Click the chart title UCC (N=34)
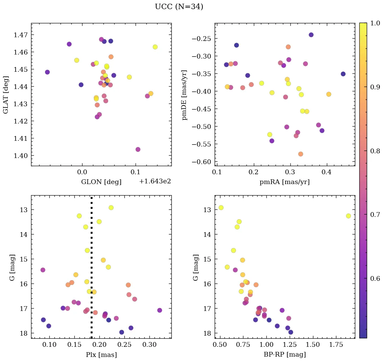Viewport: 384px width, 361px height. (x=179, y=7)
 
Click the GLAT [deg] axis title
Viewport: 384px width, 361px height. (x=6, y=94)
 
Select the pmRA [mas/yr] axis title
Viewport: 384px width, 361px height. (x=284, y=182)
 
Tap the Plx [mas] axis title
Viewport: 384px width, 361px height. (x=101, y=355)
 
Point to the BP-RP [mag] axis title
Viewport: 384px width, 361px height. (x=285, y=355)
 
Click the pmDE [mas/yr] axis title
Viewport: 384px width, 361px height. (x=185, y=94)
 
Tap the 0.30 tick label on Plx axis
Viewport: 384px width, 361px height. (x=149, y=346)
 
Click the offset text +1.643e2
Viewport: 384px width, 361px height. (x=155, y=181)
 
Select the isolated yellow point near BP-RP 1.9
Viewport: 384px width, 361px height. (x=349, y=216)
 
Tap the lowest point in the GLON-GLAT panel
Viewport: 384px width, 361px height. (x=138, y=150)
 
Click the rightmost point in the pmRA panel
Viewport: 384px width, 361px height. (x=343, y=74)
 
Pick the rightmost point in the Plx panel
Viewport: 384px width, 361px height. (x=160, y=310)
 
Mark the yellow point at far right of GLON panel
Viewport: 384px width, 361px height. (x=155, y=47)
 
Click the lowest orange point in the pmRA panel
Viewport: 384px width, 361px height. (x=301, y=154)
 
